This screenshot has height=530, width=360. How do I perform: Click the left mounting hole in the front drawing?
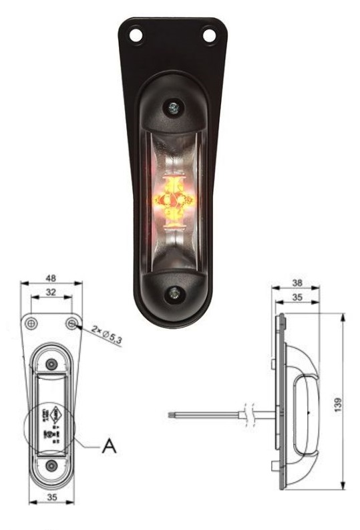click(x=31, y=323)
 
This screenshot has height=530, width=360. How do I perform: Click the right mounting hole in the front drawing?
click(x=72, y=323)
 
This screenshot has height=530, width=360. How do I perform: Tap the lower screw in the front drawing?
click(x=51, y=464)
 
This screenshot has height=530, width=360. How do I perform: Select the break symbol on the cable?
click(x=249, y=414)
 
